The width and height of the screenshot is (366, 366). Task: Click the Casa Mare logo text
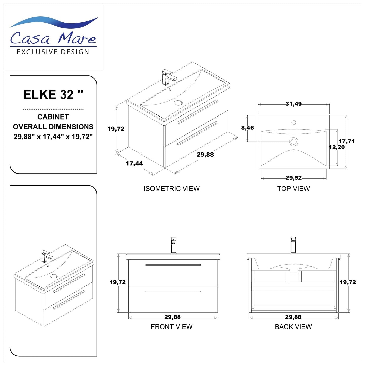[53, 38]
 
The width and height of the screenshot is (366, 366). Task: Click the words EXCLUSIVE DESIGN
[53, 52]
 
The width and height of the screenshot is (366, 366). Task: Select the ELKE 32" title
[53, 95]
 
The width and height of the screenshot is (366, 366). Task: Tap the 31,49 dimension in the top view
[294, 104]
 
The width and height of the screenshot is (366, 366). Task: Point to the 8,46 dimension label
[247, 128]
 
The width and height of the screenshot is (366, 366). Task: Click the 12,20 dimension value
[337, 147]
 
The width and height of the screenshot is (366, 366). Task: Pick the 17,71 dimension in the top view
[346, 141]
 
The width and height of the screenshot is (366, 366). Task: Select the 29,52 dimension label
[294, 178]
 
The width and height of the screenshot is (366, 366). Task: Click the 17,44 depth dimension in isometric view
[134, 164]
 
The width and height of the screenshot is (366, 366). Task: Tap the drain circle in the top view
[294, 141]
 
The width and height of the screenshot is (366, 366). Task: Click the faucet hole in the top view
[294, 123]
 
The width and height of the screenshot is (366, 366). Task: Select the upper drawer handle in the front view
[173, 265]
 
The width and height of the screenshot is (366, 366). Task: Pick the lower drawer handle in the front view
[173, 291]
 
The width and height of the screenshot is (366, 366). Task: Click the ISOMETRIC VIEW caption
[171, 189]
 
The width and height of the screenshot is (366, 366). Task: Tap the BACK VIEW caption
[293, 327]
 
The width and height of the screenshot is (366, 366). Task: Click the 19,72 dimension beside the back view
[348, 282]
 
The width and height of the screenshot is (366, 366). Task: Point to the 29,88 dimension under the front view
[172, 317]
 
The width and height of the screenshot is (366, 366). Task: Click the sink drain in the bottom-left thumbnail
[54, 276]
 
